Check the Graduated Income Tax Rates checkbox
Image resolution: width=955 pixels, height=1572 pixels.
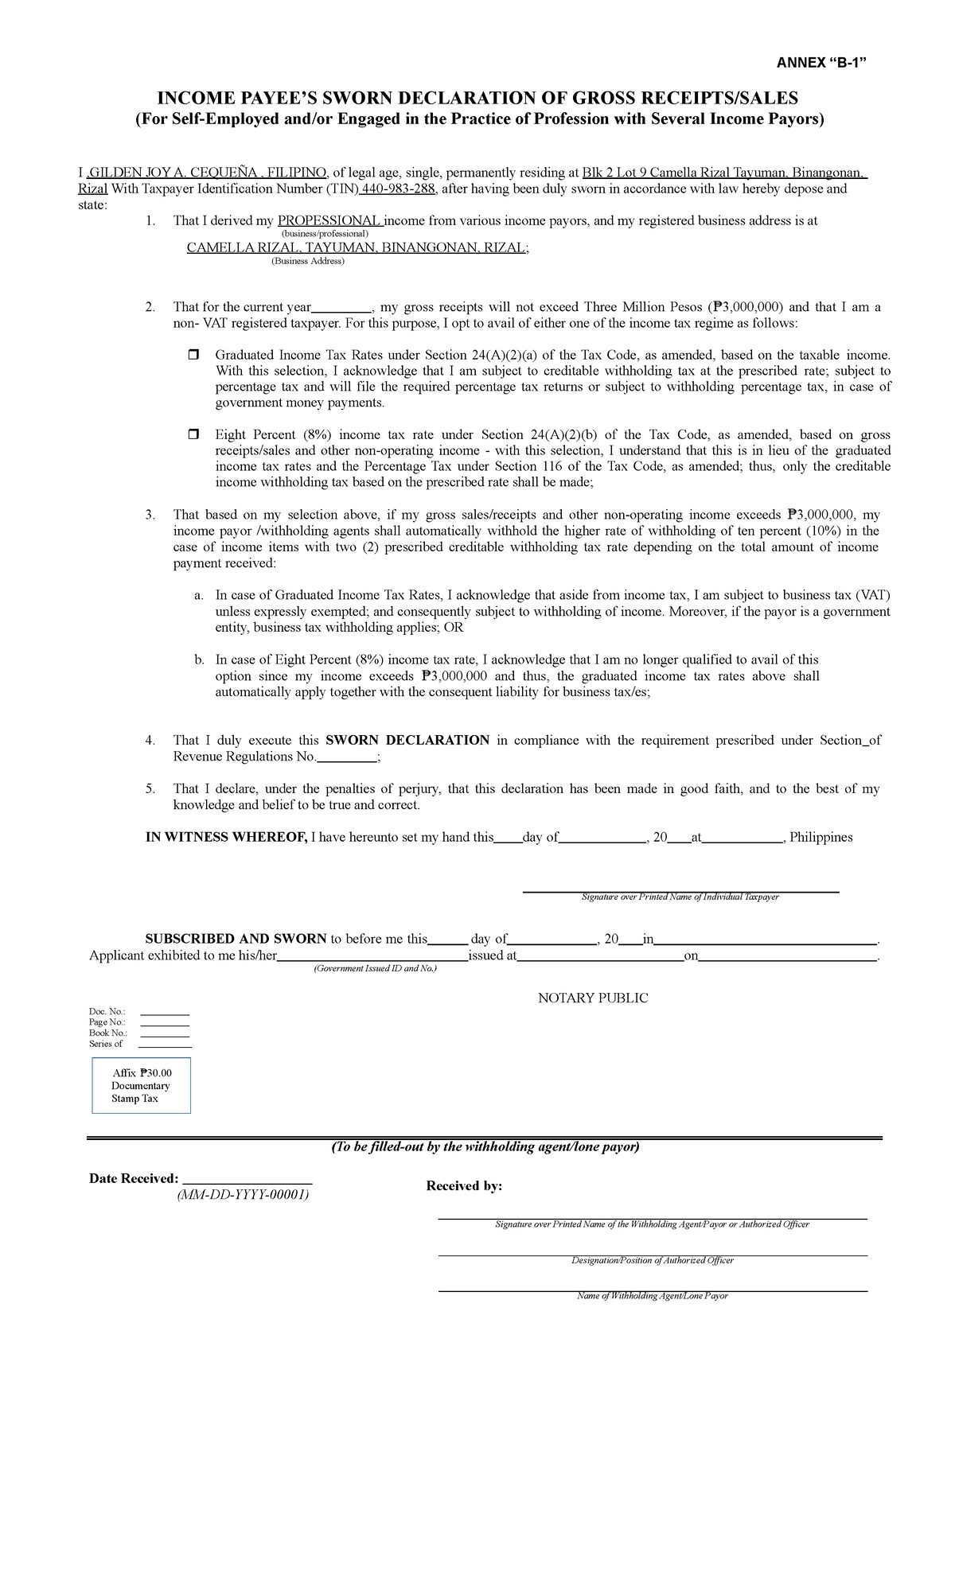pos(193,355)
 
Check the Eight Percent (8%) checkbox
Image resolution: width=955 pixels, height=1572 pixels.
pos(193,434)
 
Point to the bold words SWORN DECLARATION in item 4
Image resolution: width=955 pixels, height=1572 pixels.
pos(407,740)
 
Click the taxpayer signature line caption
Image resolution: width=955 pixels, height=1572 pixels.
pos(680,897)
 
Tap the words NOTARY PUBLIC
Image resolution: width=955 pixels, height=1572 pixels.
pos(593,998)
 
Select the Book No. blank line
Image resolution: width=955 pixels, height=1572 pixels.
pos(165,1034)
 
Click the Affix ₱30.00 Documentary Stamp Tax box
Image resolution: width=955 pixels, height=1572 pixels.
pos(142,1085)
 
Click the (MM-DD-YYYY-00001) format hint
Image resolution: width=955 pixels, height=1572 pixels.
pos(244,1195)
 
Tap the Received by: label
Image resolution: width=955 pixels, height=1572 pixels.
pos(464,1186)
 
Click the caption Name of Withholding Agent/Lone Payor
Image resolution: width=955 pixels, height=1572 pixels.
pos(652,1296)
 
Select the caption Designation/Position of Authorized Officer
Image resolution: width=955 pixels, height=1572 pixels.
pos(652,1260)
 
